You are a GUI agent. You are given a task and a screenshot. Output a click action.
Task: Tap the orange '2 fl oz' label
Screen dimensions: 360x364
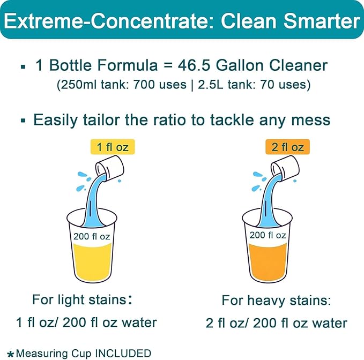point(287,146)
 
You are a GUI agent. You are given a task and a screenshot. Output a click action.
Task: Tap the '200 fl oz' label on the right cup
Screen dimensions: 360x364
point(268,235)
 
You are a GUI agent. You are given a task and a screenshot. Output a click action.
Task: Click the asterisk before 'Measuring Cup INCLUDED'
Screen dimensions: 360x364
point(11,354)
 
